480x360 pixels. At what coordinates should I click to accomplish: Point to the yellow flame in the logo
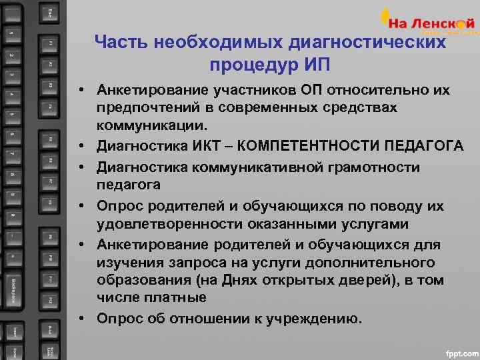click(385, 16)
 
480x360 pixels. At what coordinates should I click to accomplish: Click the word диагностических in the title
click(373, 43)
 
